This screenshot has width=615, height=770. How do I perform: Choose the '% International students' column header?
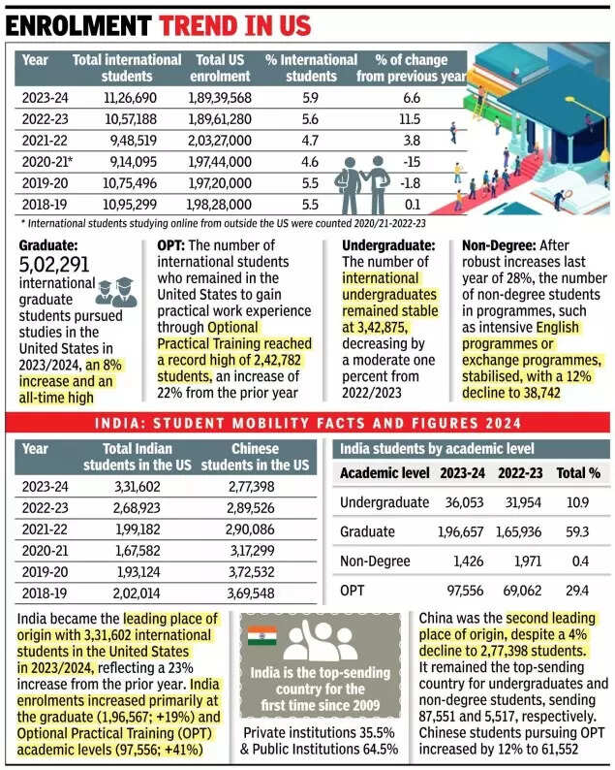311,68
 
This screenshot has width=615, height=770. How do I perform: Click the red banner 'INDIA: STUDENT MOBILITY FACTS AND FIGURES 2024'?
307,424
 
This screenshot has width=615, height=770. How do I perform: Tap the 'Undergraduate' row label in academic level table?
384,502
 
